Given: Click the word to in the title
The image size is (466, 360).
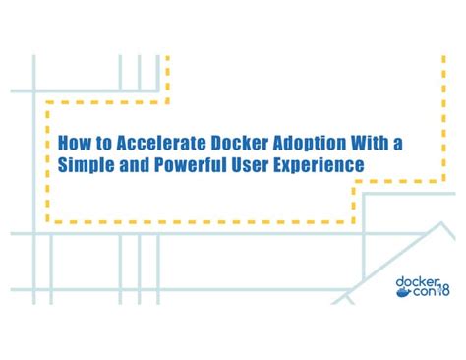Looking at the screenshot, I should pos(101,144).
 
